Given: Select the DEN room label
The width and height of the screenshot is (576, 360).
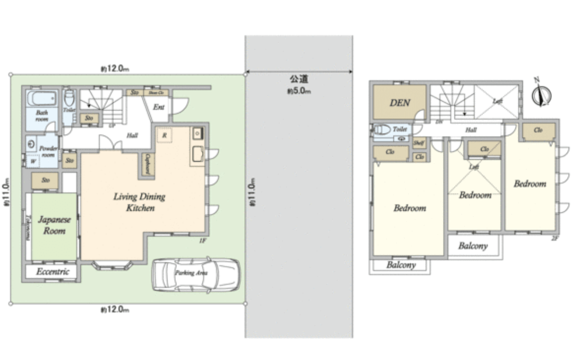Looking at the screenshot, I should [400, 103].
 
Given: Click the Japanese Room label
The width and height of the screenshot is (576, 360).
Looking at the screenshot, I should [54, 225].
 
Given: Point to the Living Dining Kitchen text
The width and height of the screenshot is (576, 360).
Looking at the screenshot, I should [139, 202].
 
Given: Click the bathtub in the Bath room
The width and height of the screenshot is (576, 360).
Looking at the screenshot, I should [41, 98].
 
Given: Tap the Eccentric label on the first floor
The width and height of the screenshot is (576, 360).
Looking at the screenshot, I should [53, 272].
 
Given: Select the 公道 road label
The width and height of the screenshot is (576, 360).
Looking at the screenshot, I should [299, 80].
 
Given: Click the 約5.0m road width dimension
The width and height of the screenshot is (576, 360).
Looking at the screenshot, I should [299, 91].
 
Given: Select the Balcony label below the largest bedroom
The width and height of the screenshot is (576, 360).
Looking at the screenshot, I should [401, 265].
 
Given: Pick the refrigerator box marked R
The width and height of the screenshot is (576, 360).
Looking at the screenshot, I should [164, 134].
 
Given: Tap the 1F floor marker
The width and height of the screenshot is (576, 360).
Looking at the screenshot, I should [203, 241].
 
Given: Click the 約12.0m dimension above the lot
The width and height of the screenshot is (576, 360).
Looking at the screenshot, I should [114, 68].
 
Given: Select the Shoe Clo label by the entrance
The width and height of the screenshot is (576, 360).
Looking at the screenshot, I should [156, 92].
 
